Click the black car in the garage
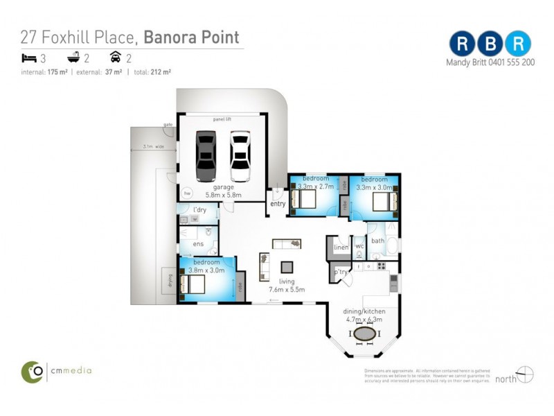206,155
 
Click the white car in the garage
240,155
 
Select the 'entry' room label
278,204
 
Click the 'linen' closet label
341,247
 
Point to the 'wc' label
359,246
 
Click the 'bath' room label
377,241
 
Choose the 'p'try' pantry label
340,272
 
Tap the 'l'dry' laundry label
199,209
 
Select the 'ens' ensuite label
198,243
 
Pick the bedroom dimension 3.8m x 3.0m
206,270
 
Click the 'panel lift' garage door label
222,119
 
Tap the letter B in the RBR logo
490,44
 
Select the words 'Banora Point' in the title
191,37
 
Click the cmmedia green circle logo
32,371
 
